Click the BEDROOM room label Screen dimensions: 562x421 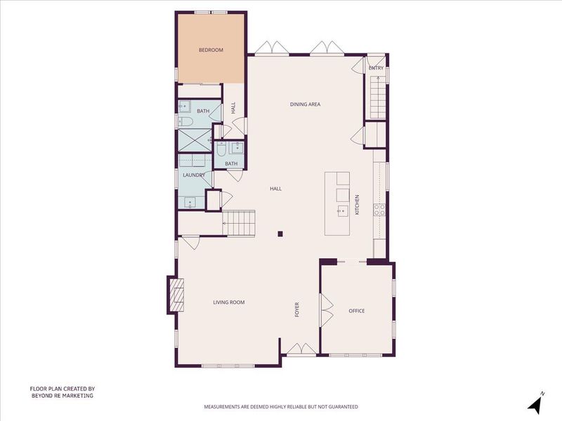point(211,50)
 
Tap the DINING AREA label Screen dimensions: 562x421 point(305,105)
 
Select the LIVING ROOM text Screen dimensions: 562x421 point(229,302)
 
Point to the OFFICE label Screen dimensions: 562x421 point(357,311)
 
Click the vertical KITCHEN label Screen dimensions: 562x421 point(357,205)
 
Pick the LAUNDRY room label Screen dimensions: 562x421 point(194,175)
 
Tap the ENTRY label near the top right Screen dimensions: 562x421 point(376,68)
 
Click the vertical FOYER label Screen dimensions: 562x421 point(296,309)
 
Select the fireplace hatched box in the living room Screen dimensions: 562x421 point(177,295)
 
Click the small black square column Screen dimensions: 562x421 point(280,234)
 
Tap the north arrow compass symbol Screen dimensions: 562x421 point(536,402)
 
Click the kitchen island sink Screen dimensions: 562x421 point(342,211)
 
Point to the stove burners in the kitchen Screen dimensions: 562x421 point(379,210)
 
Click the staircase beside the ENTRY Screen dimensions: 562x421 point(377,97)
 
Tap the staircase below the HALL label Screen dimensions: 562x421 point(239,222)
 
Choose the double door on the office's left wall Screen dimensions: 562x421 point(327,310)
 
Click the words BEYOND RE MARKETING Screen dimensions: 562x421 point(63,396)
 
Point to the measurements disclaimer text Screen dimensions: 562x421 point(281,407)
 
